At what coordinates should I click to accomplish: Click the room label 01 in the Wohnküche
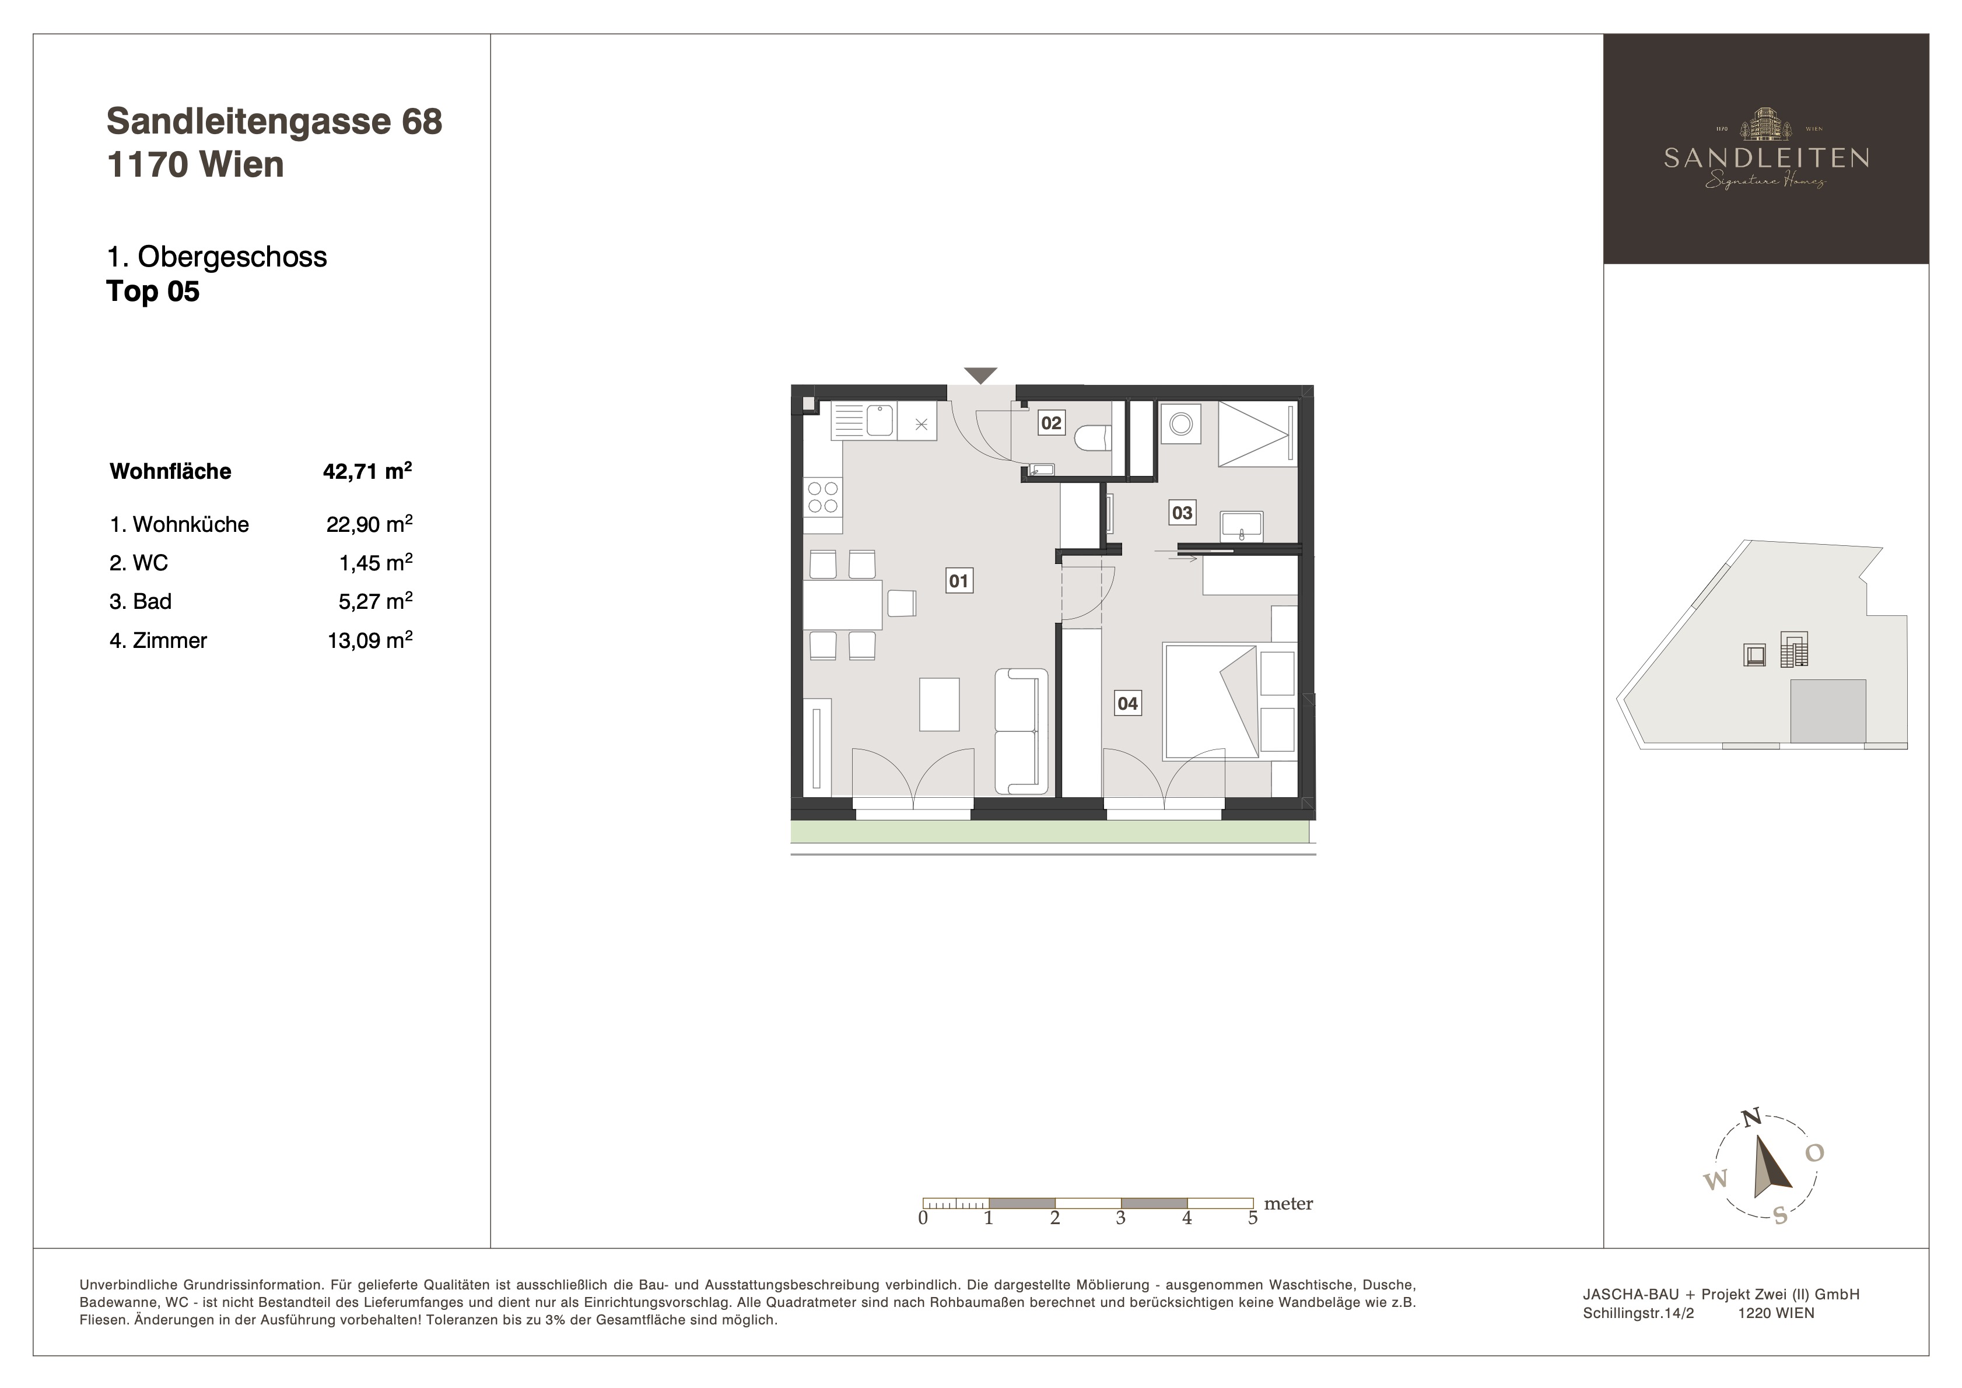tap(959, 581)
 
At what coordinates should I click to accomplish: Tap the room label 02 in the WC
tap(1051, 422)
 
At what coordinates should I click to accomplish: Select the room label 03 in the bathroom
tap(1182, 513)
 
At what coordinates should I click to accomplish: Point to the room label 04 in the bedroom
tap(1128, 703)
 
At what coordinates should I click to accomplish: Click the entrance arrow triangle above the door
tap(981, 375)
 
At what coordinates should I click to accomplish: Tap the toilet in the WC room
tap(1094, 439)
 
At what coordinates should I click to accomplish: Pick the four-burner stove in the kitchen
tap(823, 497)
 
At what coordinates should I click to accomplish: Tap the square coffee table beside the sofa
tap(939, 704)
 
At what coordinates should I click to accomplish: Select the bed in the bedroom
tap(1210, 702)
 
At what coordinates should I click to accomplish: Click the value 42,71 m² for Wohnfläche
tap(367, 471)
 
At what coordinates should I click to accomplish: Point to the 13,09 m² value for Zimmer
tap(370, 640)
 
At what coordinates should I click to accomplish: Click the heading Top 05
tap(153, 292)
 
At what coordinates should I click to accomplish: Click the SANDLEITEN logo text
tap(1766, 158)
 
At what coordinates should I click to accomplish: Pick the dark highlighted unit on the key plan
tap(1828, 711)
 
